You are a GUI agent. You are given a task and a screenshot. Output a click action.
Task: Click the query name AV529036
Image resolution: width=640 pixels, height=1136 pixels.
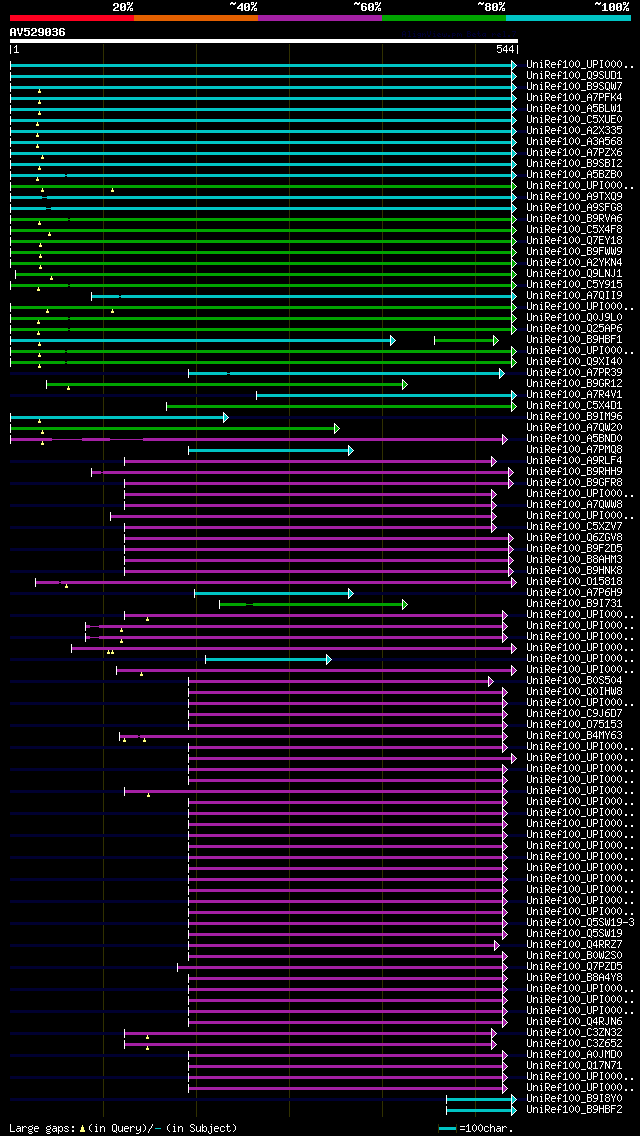pos(38,32)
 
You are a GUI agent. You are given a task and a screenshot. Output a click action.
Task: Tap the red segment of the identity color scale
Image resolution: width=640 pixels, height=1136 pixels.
pos(71,17)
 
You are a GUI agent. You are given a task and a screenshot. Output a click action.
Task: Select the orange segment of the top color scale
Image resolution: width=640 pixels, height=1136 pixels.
pos(195,17)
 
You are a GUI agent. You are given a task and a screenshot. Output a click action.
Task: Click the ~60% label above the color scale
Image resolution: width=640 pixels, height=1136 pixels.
pos(367,6)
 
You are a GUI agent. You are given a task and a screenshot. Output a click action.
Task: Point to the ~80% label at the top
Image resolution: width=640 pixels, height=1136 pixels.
pos(491,6)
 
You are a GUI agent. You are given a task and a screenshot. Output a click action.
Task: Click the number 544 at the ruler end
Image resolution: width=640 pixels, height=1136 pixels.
pos(505,49)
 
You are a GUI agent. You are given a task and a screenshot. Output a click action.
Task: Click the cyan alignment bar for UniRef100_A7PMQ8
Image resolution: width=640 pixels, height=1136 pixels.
pos(270,450)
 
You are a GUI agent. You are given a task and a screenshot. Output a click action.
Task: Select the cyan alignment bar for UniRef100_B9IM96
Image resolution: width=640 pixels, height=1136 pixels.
pos(118,417)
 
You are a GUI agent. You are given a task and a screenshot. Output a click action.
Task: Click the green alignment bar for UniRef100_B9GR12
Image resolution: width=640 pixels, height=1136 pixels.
pos(226,384)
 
